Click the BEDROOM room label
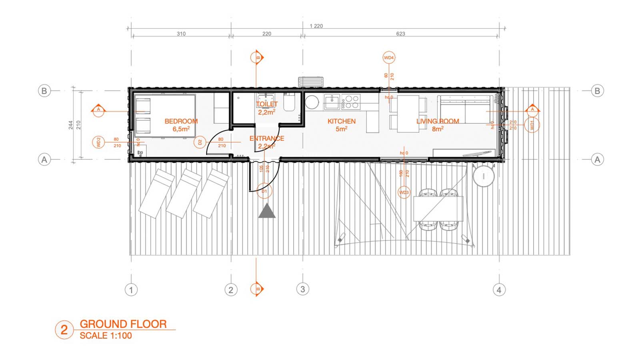pyautogui.click(x=181, y=121)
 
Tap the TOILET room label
pyautogui.click(x=267, y=104)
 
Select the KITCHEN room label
pyautogui.click(x=341, y=121)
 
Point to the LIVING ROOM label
pyautogui.click(x=438, y=121)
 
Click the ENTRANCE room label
pyautogui.click(x=267, y=138)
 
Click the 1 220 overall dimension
pyautogui.click(x=316, y=26)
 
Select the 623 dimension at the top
pyautogui.click(x=400, y=34)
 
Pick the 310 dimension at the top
pyautogui.click(x=181, y=34)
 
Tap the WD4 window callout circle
pyautogui.click(x=389, y=58)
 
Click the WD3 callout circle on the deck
pyautogui.click(x=404, y=192)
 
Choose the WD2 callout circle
pyautogui.click(x=98, y=142)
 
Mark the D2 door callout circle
pyautogui.click(x=200, y=142)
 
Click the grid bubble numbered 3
pyautogui.click(x=302, y=289)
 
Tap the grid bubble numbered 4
pyautogui.click(x=499, y=290)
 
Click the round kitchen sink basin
pyautogui.click(x=312, y=102)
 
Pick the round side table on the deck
pyautogui.click(x=484, y=176)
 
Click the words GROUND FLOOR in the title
pyautogui.click(x=123, y=324)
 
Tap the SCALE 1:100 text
pyautogui.click(x=106, y=336)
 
